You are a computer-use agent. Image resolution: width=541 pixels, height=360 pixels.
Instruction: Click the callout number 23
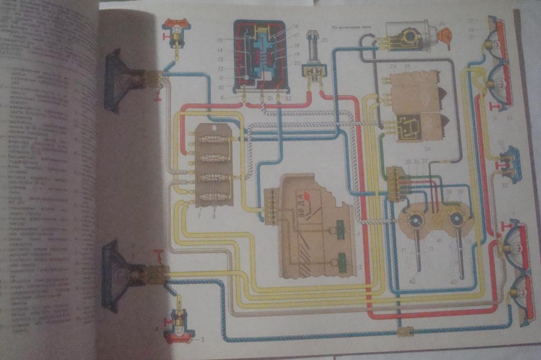point(325,40)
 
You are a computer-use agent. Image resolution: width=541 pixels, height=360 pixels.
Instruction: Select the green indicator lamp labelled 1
point(341,232)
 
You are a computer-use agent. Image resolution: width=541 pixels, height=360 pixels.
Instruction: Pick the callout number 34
point(426,148)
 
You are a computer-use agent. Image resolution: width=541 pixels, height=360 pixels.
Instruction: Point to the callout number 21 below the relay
point(263,98)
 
